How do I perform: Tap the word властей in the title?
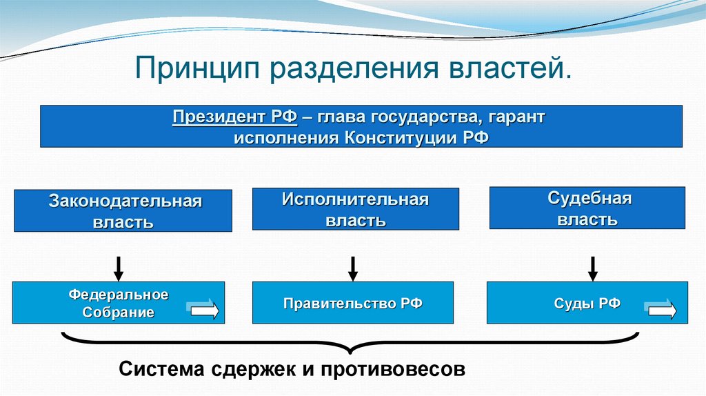click(x=510, y=69)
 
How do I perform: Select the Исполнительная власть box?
click(x=355, y=210)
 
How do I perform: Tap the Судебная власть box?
click(x=587, y=208)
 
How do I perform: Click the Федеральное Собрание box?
click(x=118, y=304)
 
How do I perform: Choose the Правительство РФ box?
click(x=352, y=304)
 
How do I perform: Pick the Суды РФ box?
click(x=587, y=304)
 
